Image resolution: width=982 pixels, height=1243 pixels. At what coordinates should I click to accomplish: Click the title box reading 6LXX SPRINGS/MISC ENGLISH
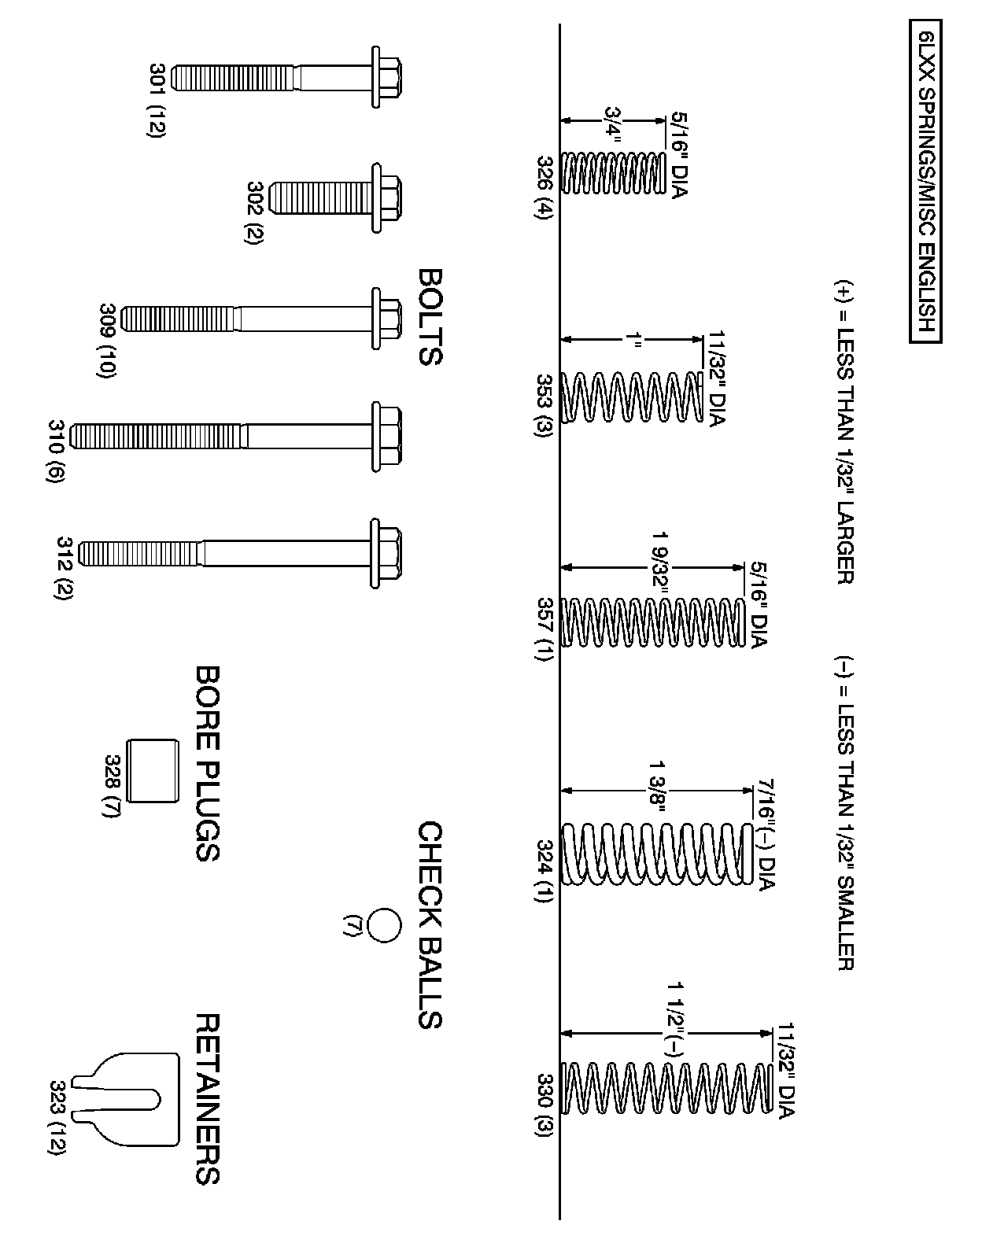click(926, 186)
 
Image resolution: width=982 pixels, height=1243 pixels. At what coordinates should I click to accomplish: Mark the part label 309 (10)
click(109, 341)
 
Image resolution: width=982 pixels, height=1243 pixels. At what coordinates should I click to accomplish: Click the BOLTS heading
click(429, 317)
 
